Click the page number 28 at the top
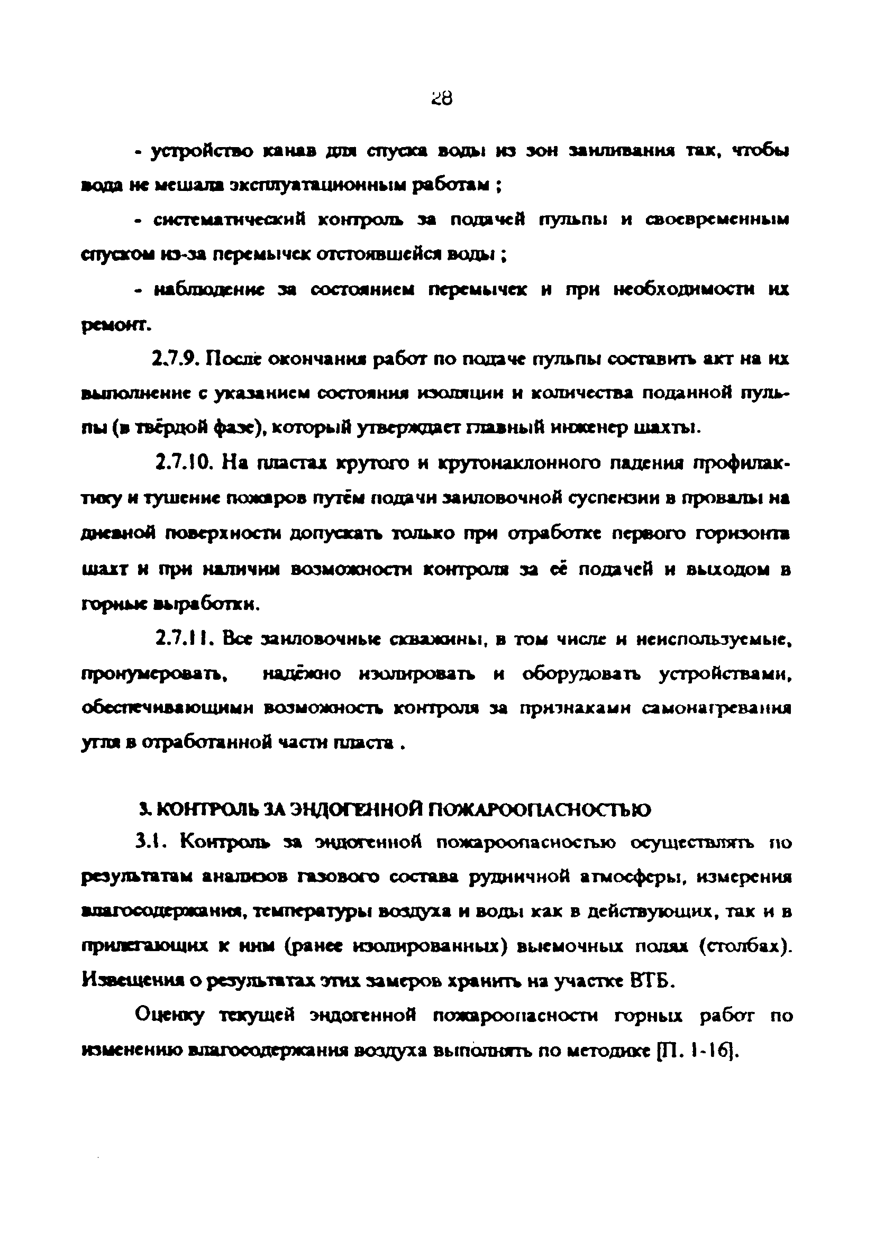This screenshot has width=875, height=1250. [x=441, y=98]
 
